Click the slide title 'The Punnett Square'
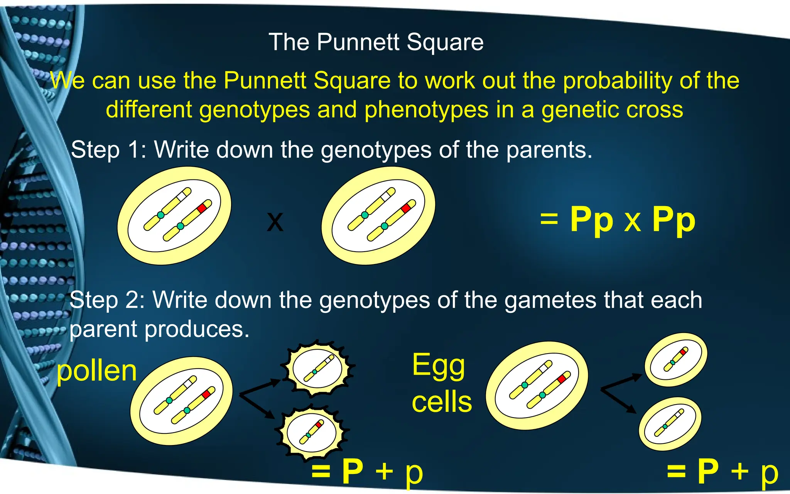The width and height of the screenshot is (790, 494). (x=376, y=42)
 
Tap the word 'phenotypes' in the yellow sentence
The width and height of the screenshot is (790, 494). (x=426, y=110)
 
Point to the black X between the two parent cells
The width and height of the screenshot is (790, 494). (x=275, y=222)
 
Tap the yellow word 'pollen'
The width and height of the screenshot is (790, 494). (x=96, y=371)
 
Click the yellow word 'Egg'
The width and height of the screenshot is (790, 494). (x=439, y=365)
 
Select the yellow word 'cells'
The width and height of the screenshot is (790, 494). (x=442, y=401)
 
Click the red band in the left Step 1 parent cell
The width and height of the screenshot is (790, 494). (x=202, y=208)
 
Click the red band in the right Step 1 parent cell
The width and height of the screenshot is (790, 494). (x=406, y=208)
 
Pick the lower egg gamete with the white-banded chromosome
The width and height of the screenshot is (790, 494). (x=670, y=424)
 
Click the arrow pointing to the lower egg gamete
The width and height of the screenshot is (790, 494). (x=619, y=401)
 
